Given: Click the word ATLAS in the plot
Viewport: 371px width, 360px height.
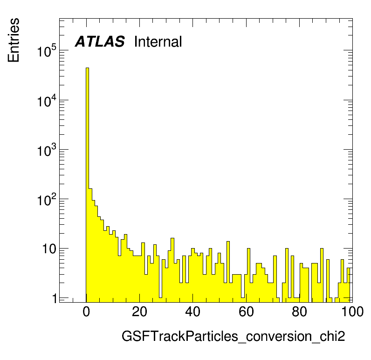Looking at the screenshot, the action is click(x=100, y=42).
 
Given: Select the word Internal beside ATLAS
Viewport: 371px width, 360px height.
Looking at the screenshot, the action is click(x=158, y=42).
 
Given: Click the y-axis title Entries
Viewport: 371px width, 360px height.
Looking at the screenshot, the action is click(x=14, y=40).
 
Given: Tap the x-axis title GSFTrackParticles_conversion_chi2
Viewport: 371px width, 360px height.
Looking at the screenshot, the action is click(x=234, y=336).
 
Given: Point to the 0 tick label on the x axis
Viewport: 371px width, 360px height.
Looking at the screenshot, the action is click(x=86, y=312).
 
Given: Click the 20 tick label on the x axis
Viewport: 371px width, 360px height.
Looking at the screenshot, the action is click(x=140, y=312).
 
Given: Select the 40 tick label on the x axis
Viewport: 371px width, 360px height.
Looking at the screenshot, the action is click(x=193, y=312).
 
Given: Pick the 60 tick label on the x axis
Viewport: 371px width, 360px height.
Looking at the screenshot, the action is click(x=246, y=312).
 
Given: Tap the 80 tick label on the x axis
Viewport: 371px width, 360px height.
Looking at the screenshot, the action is click(x=299, y=312).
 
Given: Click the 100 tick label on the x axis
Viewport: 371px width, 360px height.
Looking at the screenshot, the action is click(x=352, y=312).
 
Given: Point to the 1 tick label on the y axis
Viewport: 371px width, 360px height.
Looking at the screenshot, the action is click(x=55, y=298).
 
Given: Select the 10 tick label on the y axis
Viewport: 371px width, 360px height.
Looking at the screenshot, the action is click(x=49, y=249).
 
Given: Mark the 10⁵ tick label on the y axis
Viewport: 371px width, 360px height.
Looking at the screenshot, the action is click(x=47, y=50).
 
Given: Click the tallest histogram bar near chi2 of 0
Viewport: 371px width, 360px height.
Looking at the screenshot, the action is click(x=87, y=185).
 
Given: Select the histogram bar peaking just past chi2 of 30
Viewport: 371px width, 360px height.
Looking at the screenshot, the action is click(x=172, y=270).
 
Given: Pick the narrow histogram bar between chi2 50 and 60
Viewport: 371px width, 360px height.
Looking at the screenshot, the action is click(x=228, y=272).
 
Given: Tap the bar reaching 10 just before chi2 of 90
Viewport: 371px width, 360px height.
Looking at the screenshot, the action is click(x=322, y=275).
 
